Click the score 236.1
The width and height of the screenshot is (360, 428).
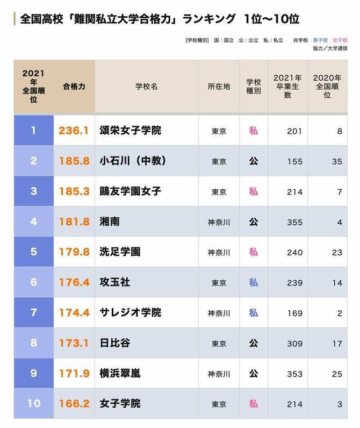coord(74,131)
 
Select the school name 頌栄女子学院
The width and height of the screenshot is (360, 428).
coord(131,131)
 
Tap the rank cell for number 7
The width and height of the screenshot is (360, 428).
coord(34,312)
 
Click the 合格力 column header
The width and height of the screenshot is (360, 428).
coord(74,86)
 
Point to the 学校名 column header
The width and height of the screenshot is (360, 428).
coord(147,86)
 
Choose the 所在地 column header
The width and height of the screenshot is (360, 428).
coord(219,86)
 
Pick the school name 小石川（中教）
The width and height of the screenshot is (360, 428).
coord(133,161)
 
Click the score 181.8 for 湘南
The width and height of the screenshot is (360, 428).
coord(74,222)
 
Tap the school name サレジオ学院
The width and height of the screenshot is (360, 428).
coord(131,312)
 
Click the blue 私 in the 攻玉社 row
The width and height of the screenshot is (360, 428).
coord(253,282)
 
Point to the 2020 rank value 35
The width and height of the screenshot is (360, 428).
coord(337,161)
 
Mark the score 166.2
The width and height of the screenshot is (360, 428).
coord(74,403)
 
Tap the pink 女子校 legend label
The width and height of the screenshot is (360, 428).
coord(340,40)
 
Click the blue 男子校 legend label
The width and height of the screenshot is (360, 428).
coord(321,40)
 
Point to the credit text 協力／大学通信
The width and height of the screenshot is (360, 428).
coord(330,48)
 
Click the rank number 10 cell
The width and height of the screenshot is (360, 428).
coord(34,403)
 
